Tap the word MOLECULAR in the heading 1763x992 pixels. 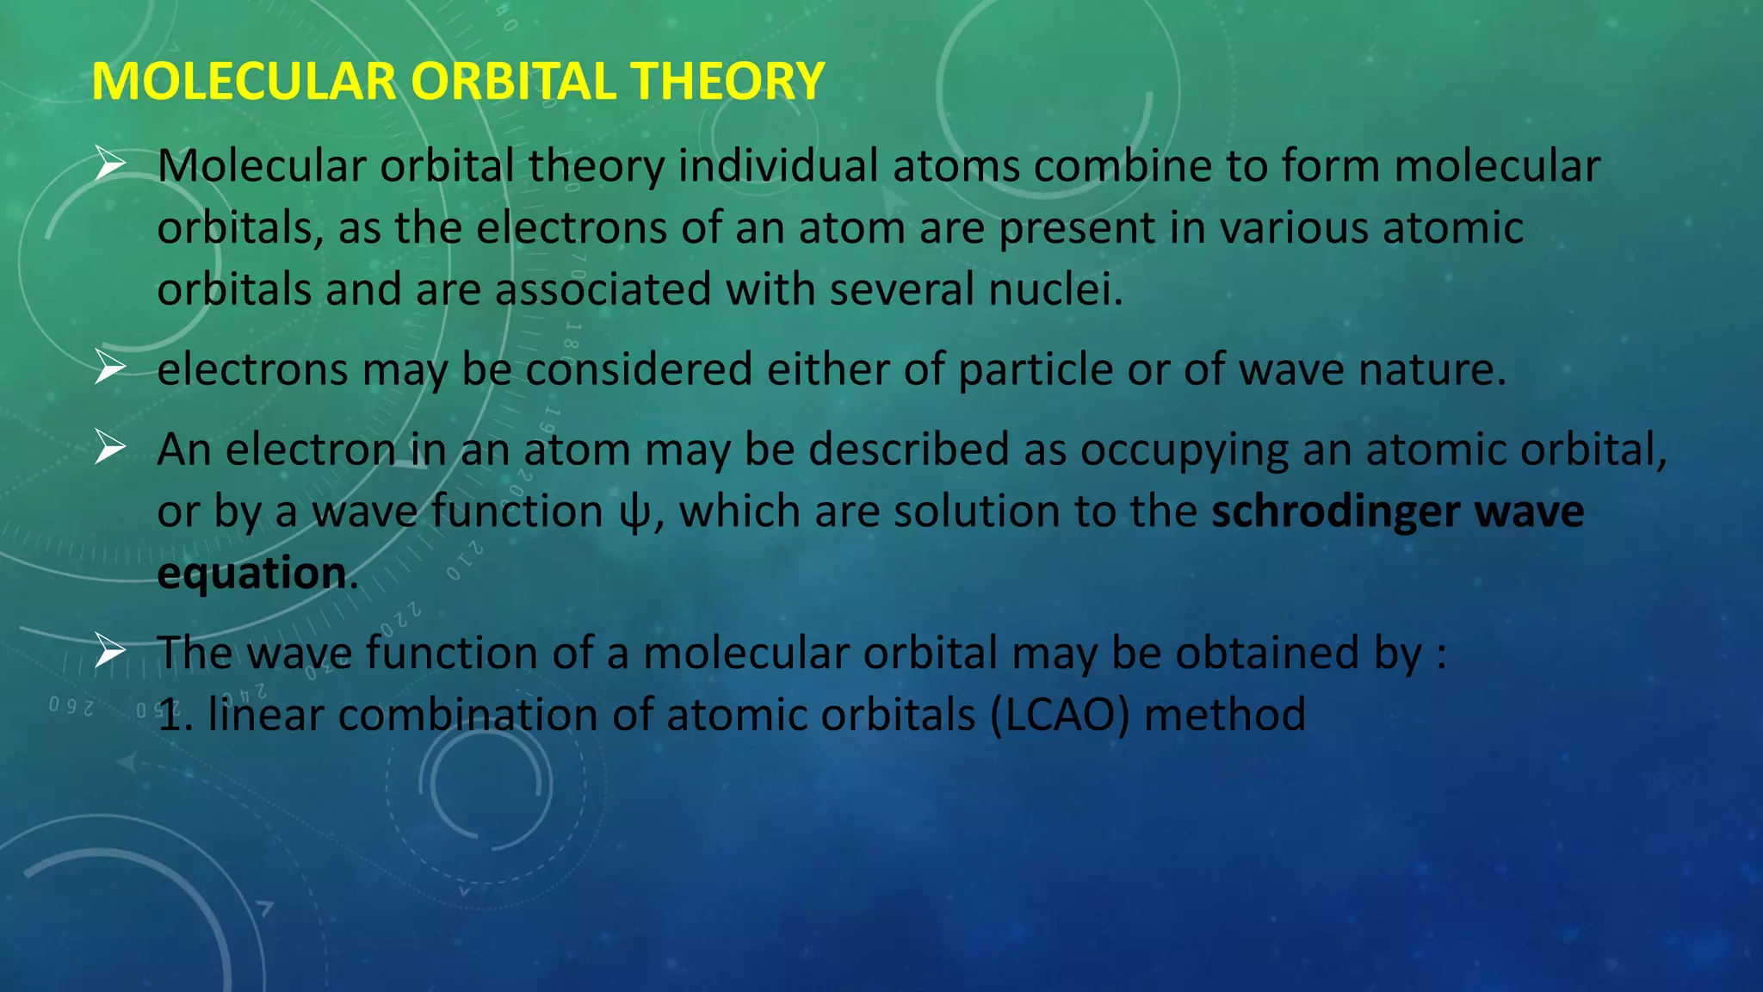coord(244,82)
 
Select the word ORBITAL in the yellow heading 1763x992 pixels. coord(513,82)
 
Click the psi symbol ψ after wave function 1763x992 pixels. coord(635,513)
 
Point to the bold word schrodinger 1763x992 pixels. coord(1335,512)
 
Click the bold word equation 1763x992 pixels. coord(251,573)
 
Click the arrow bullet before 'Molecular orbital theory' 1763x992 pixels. coord(110,164)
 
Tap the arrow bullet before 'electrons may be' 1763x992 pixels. coord(110,368)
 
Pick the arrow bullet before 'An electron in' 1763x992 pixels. coord(110,448)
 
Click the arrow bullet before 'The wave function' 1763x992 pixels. coord(110,651)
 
